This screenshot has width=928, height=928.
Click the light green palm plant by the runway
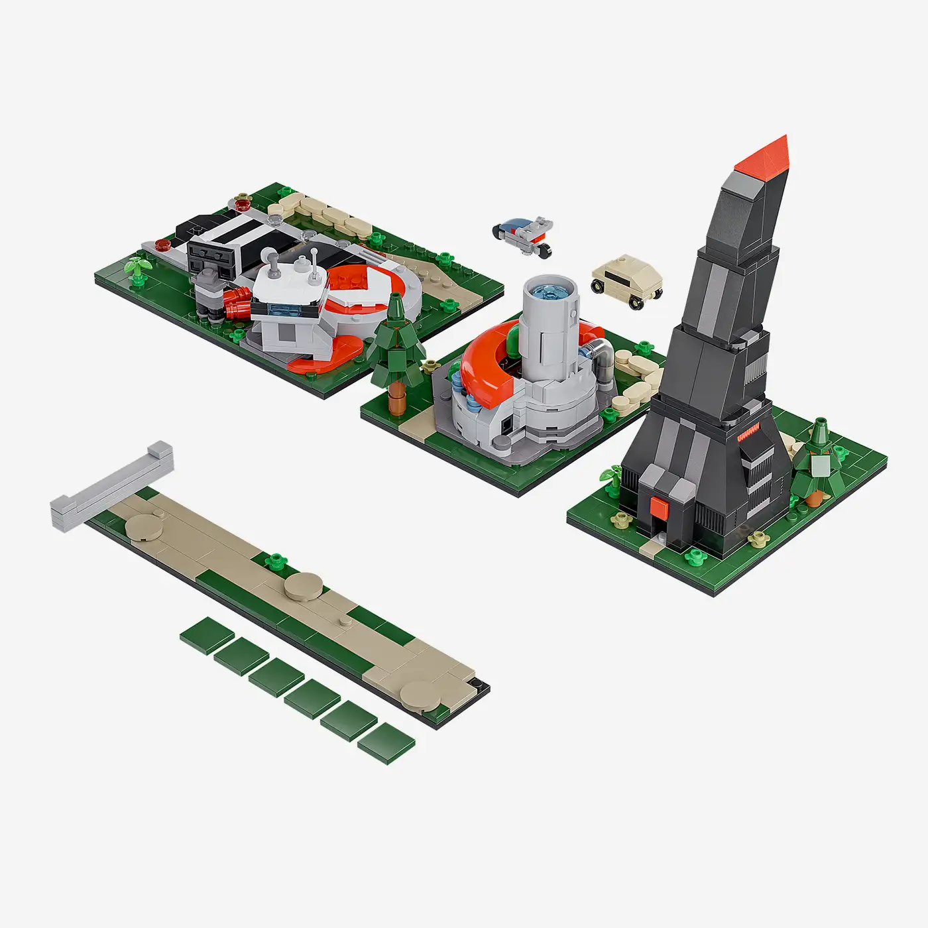click(x=137, y=266)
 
